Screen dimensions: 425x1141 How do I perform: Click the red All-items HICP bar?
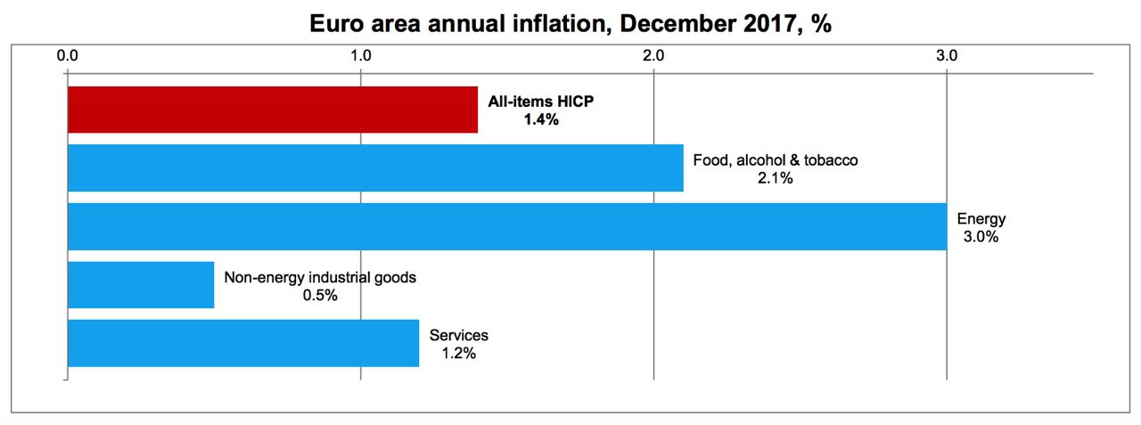click(x=273, y=110)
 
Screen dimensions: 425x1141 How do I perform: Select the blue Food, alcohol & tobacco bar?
click(x=375, y=168)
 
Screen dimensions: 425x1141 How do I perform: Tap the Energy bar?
click(x=506, y=226)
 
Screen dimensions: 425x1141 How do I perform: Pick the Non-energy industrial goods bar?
click(x=141, y=284)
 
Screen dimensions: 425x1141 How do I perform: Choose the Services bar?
click(x=243, y=343)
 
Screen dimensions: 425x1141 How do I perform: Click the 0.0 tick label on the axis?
click(x=69, y=55)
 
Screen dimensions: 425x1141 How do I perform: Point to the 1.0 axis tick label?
click(x=361, y=55)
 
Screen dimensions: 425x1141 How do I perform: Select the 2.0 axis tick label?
click(x=654, y=55)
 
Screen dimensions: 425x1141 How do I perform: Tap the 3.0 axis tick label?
click(x=947, y=55)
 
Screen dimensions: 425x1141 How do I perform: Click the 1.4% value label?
click(x=541, y=119)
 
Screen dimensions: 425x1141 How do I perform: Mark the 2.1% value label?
click(x=776, y=178)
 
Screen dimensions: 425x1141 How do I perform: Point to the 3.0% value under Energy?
click(x=981, y=237)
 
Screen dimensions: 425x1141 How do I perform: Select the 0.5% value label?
click(x=320, y=295)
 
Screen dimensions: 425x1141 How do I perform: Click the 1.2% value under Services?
click(x=459, y=354)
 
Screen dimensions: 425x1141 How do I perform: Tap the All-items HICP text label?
click(x=540, y=102)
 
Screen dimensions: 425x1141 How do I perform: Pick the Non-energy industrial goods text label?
click(x=320, y=277)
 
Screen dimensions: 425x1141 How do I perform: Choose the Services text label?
click(x=459, y=336)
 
